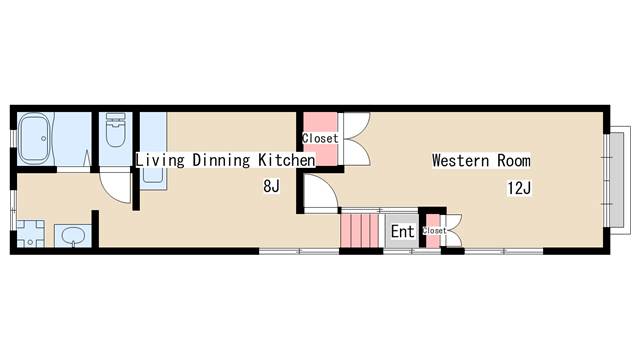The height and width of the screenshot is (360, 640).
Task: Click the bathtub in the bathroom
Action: click(36, 139)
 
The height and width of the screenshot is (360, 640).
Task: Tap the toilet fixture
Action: click(116, 130)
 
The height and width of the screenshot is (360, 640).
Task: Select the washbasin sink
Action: click(73, 236)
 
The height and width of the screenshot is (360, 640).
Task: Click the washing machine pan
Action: click(30, 234)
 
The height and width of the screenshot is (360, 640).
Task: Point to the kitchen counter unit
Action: click(153, 151)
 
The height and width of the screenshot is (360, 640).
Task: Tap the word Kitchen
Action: click(287, 160)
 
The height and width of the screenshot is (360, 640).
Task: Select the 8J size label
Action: click(271, 186)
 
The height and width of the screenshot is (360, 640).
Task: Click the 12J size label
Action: click(519, 188)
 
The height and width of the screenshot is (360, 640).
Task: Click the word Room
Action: click(514, 160)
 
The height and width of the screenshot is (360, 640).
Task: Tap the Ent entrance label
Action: click(402, 231)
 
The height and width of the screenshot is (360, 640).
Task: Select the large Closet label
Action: click(320, 138)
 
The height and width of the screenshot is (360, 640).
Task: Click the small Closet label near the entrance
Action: click(434, 231)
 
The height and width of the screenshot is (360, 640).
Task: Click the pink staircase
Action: click(360, 231)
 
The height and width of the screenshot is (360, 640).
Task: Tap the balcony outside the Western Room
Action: click(617, 180)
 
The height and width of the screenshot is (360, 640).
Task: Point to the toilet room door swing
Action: click(116, 187)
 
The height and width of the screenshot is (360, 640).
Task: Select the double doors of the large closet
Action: click(357, 139)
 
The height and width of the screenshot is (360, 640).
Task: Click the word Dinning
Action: click(221, 160)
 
